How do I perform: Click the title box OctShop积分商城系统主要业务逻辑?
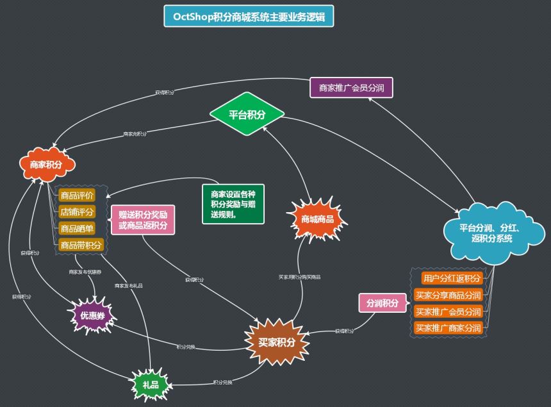click(x=249, y=16)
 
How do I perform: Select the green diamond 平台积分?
click(x=247, y=115)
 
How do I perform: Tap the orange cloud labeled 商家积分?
click(x=46, y=165)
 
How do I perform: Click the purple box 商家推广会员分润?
click(x=351, y=87)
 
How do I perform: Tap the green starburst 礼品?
click(x=151, y=383)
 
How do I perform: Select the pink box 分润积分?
click(x=382, y=303)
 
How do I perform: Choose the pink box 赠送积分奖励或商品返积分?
click(x=143, y=220)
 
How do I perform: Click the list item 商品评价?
click(x=77, y=195)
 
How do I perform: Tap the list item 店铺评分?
click(x=77, y=212)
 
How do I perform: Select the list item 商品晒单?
click(x=77, y=228)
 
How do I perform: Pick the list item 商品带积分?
click(x=81, y=245)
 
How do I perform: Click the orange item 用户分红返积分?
click(x=451, y=279)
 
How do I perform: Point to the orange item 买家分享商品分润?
click(x=448, y=295)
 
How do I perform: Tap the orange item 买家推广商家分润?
click(x=448, y=328)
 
